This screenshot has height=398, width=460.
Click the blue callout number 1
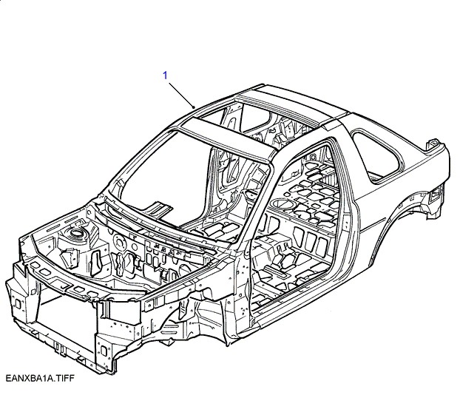coord(166,75)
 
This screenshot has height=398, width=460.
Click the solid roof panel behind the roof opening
coord(307,104)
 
